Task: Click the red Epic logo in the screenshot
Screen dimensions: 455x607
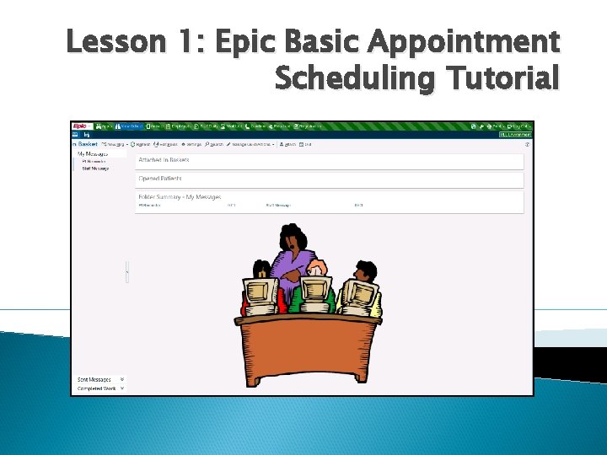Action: coord(81,126)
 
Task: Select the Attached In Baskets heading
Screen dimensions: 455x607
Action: coord(164,160)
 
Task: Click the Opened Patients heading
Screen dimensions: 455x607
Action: coord(160,179)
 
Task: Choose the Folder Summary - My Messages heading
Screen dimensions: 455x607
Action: coord(180,197)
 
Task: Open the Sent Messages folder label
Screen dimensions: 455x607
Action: coord(94,380)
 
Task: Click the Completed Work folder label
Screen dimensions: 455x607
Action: coord(96,388)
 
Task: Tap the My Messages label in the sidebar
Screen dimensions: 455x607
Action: coord(93,154)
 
